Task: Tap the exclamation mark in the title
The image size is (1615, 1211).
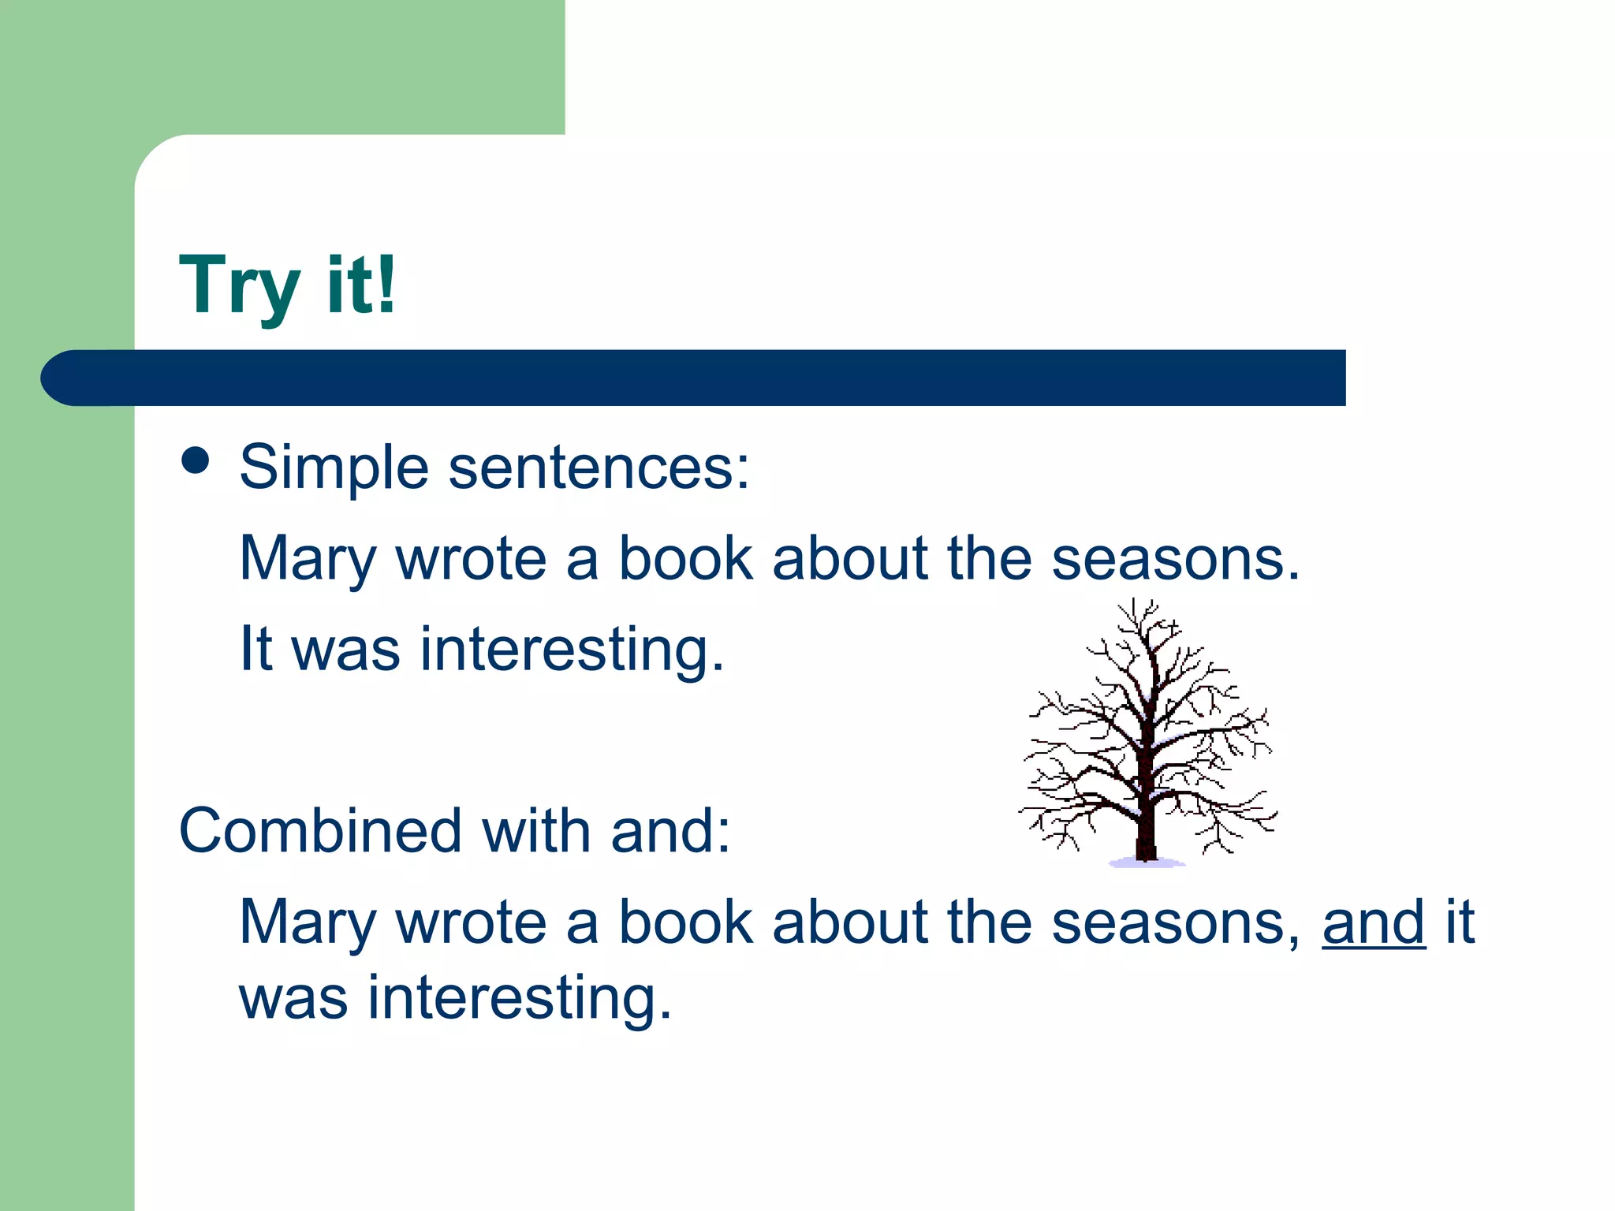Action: pos(386,284)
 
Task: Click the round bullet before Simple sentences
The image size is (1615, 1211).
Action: pos(195,461)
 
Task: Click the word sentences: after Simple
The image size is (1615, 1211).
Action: pos(599,468)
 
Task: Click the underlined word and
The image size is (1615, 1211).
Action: pos(1373,923)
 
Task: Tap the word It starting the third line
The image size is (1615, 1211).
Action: pos(255,649)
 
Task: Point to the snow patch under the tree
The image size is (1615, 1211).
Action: pos(1147,863)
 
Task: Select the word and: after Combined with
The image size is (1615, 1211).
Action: pos(670,831)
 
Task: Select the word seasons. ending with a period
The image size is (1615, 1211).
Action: pos(1175,559)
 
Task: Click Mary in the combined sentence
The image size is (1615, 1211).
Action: pos(308,923)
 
